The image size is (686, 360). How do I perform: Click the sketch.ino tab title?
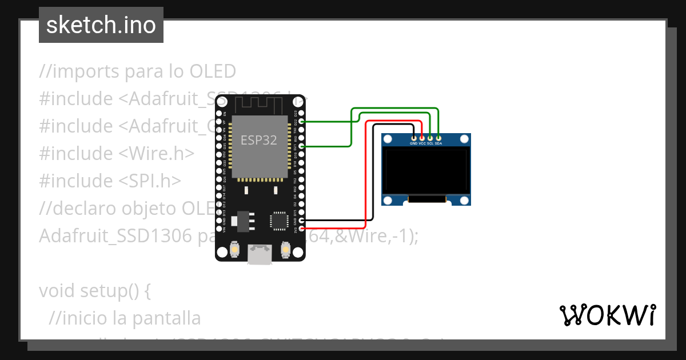[x=101, y=25]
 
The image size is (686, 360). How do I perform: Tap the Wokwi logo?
[x=608, y=315]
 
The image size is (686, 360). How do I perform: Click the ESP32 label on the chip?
[x=258, y=140]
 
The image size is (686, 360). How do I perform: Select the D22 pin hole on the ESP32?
[x=301, y=122]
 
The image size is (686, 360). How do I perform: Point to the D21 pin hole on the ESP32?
[x=301, y=147]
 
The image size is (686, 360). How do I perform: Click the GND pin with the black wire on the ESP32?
[x=301, y=221]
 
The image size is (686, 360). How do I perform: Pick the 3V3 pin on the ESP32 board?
[x=301, y=229]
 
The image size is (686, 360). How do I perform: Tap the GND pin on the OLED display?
[x=414, y=138]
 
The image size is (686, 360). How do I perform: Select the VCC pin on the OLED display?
[x=422, y=138]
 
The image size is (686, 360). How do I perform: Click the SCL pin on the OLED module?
[x=430, y=138]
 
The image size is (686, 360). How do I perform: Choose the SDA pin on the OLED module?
[x=438, y=138]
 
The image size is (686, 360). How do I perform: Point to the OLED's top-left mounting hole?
[x=389, y=139]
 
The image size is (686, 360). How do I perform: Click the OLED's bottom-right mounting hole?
[x=464, y=199]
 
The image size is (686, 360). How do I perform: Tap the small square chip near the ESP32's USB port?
[x=279, y=221]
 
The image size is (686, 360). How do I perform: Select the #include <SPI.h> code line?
[x=110, y=181]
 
